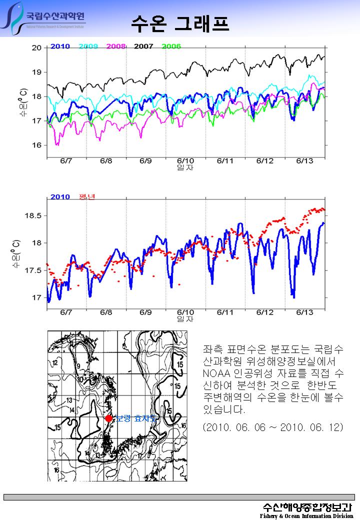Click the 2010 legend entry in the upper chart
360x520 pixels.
click(x=60, y=46)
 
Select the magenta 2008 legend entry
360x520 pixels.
click(x=116, y=46)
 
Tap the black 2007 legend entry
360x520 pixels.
click(x=143, y=46)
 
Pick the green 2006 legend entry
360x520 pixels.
click(x=171, y=46)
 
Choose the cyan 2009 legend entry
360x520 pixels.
click(x=88, y=46)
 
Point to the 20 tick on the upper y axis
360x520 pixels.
click(x=36, y=48)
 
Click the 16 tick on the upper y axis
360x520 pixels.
click(x=36, y=145)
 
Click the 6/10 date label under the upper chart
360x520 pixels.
click(x=185, y=160)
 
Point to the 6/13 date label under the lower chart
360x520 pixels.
click(x=305, y=312)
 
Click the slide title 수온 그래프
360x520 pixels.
click(x=180, y=22)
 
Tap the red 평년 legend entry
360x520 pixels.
click(x=86, y=196)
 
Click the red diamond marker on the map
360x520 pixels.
click(x=108, y=418)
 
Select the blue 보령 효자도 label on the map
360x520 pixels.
click(x=135, y=418)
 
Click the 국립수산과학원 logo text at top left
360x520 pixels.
click(x=55, y=15)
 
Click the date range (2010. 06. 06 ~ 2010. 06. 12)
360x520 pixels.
click(x=273, y=428)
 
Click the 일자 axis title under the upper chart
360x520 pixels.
click(x=185, y=167)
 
